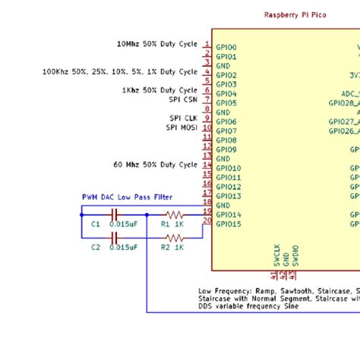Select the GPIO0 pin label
[x=226, y=47]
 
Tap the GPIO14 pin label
[x=229, y=215]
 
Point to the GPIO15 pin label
[x=229, y=224]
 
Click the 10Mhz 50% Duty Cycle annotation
[x=156, y=44]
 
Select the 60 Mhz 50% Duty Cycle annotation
[x=156, y=164]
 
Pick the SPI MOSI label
[x=182, y=128]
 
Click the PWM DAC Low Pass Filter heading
[x=128, y=197]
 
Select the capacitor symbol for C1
[x=115, y=215]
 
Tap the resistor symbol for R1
[x=175, y=215]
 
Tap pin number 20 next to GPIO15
[x=207, y=220]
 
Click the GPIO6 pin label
[x=226, y=122]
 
